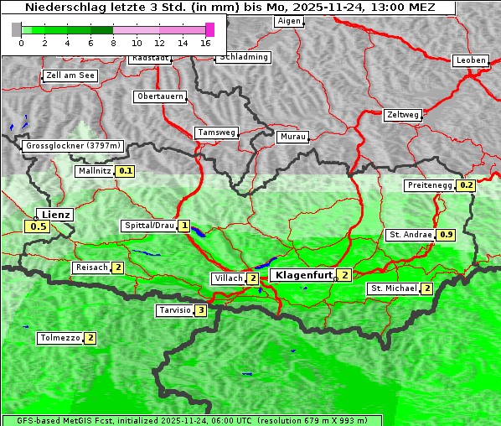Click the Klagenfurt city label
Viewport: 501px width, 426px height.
click(302, 274)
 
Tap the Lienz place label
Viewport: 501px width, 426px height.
click(56, 215)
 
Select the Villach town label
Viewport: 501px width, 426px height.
click(228, 278)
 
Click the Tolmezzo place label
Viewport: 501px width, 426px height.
click(59, 338)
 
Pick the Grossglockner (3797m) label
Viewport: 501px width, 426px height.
click(74, 146)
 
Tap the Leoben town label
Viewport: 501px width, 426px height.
click(470, 60)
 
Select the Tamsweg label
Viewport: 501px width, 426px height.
click(217, 132)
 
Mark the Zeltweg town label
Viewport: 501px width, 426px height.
click(403, 115)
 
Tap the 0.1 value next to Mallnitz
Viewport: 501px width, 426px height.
click(126, 171)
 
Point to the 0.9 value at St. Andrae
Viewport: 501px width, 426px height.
click(447, 235)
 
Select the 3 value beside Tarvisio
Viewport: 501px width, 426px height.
click(200, 310)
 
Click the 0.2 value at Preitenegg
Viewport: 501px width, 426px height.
click(467, 185)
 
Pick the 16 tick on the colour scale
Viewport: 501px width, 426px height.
click(206, 42)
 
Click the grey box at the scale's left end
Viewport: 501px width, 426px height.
click(17, 29)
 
